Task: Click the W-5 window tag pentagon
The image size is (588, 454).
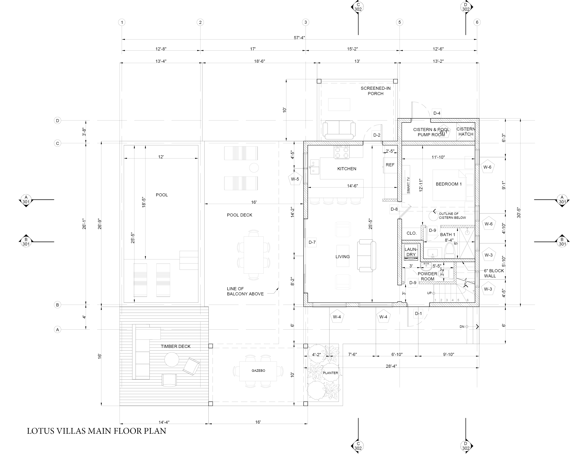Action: (295, 179)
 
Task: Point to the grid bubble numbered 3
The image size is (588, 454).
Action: (305, 22)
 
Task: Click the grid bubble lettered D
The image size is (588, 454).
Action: (57, 121)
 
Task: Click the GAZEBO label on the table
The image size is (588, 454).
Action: (258, 371)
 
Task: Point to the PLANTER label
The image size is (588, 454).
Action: (330, 373)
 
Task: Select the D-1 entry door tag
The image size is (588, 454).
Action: (418, 314)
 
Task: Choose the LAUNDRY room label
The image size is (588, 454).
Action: (411, 252)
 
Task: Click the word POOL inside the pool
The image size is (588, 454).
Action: (162, 195)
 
